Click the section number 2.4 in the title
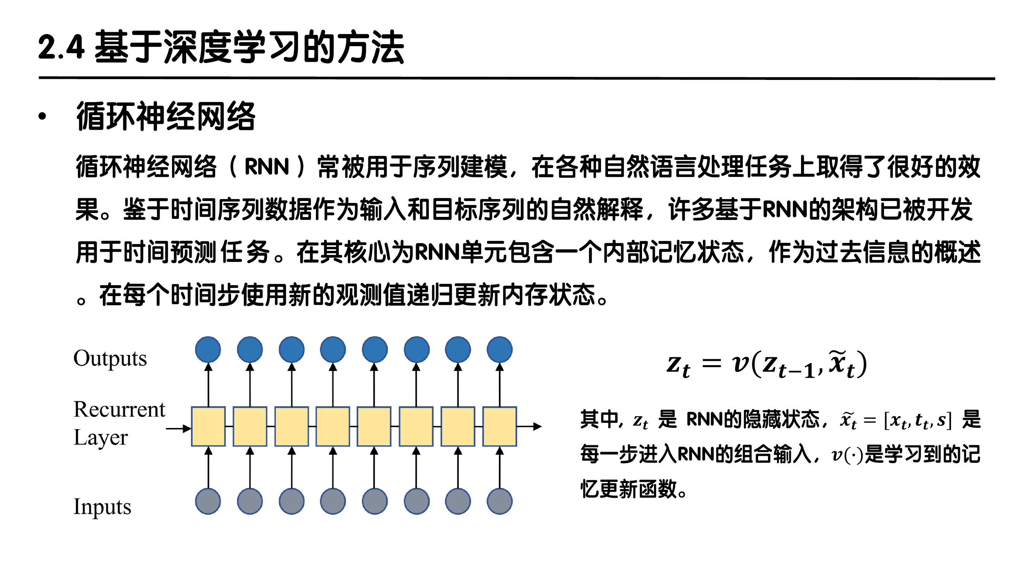[61, 47]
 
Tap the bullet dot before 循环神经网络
[42, 116]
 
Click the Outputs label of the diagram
[110, 358]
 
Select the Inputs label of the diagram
[102, 507]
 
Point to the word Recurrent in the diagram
[119, 410]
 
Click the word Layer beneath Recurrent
[100, 438]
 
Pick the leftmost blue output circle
[208, 350]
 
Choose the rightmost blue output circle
[499, 350]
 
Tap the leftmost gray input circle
[208, 501]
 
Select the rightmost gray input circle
[499, 501]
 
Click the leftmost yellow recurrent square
[208, 426]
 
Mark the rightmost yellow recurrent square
[499, 426]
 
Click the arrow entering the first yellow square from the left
[178, 429]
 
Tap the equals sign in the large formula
[711, 364]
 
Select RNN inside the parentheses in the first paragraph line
[266, 167]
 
